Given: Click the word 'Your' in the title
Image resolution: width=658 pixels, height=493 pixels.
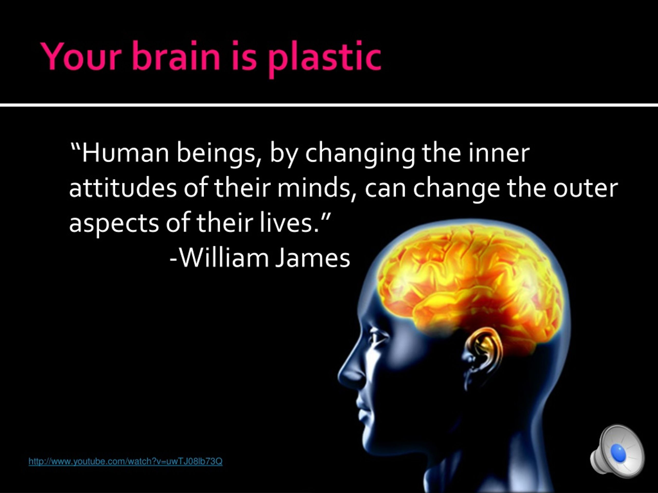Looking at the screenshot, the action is click(81, 56).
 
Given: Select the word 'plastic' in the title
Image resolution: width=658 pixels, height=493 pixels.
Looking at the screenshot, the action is click(324, 59).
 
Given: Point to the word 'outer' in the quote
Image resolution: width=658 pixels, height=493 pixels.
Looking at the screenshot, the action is click(586, 189).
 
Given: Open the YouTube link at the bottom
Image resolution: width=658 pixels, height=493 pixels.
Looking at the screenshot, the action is click(125, 461).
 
